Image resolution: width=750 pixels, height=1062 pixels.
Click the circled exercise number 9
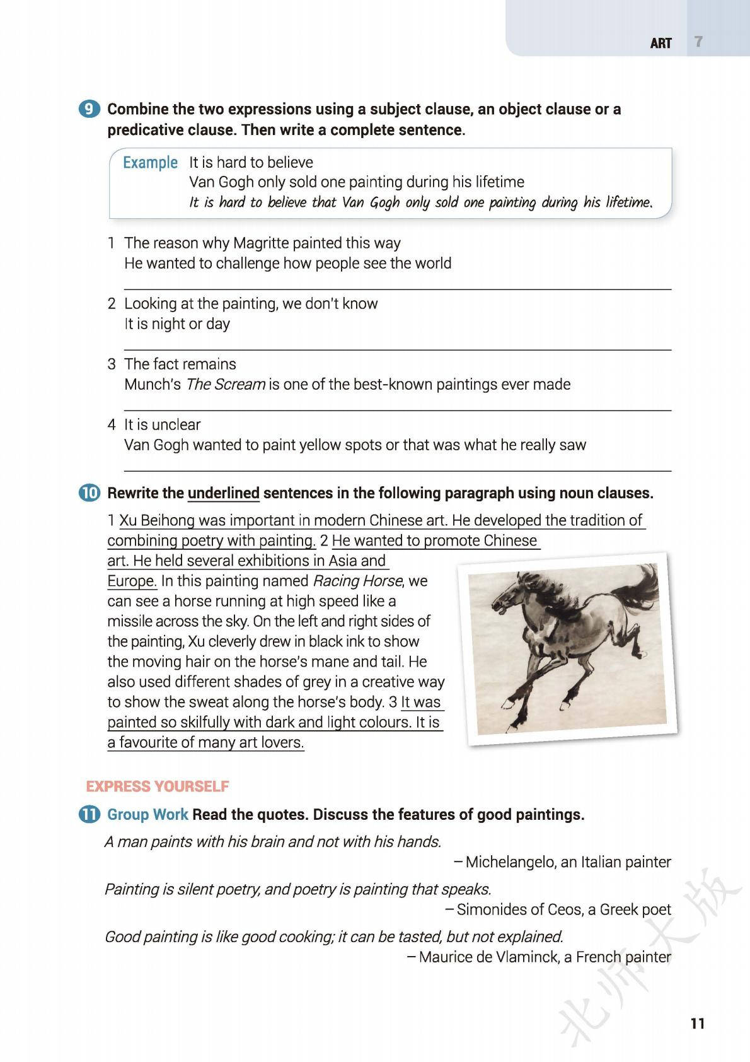point(89,109)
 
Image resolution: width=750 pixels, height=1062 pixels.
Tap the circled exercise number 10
point(89,493)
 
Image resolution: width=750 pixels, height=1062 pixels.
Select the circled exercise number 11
point(89,814)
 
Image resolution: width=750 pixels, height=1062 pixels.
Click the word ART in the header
point(661,43)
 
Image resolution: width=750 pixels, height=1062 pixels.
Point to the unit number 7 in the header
point(698,42)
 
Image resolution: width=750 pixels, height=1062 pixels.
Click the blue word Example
point(150,163)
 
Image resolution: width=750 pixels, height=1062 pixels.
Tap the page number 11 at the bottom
point(697,1023)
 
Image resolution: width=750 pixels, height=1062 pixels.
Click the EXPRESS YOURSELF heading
point(158,786)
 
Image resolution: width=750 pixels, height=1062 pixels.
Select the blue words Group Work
point(147,814)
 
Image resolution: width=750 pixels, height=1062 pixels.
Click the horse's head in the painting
point(508,595)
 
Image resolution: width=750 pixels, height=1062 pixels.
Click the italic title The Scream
point(225,384)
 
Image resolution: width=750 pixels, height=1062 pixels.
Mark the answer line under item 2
point(397,349)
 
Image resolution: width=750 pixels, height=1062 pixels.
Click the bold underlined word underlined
point(224,493)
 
